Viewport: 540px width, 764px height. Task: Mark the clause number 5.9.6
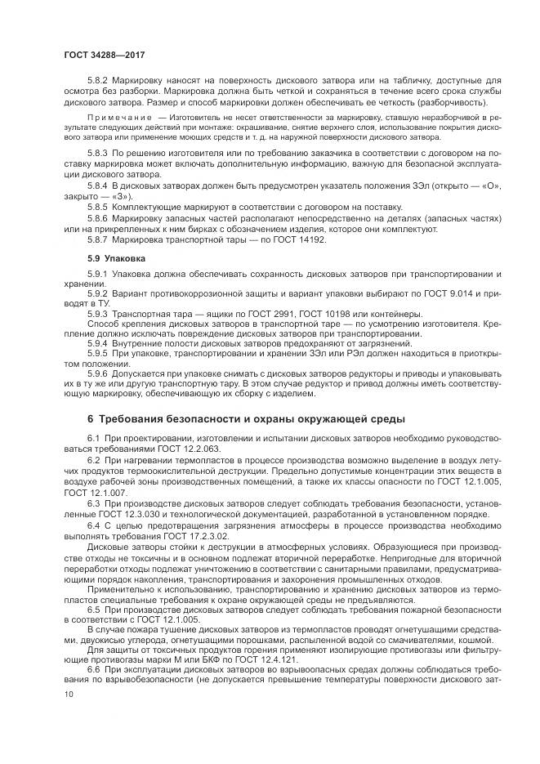tap(98, 372)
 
